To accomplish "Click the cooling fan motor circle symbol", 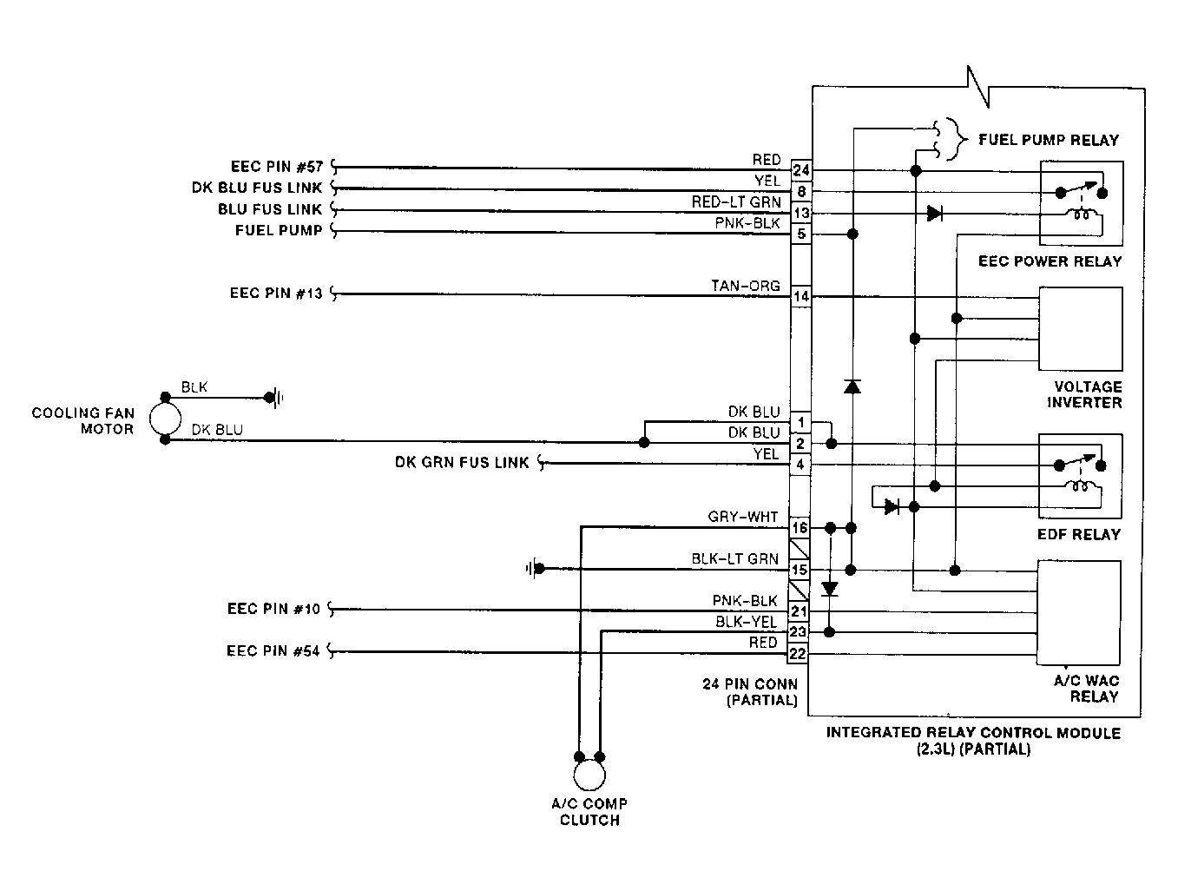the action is pyautogui.click(x=165, y=419).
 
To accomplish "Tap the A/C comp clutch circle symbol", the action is pyautogui.click(x=589, y=775).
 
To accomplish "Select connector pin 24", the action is pyautogui.click(x=800, y=170).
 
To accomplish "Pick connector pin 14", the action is pyautogui.click(x=800, y=296).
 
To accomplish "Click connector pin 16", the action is pyautogui.click(x=800, y=528).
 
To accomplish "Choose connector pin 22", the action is pyautogui.click(x=798, y=654).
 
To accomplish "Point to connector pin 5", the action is pyautogui.click(x=800, y=234).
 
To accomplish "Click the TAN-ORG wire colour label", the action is pyautogui.click(x=746, y=286).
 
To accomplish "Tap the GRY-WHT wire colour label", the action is pyautogui.click(x=743, y=517).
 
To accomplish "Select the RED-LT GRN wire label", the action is pyautogui.click(x=736, y=201).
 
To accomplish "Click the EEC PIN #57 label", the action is pyautogui.click(x=277, y=167).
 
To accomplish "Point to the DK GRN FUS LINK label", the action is pyautogui.click(x=462, y=462).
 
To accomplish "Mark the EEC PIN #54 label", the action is pyautogui.click(x=273, y=651).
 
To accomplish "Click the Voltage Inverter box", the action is pyautogui.click(x=1080, y=328).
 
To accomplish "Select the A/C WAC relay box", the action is pyautogui.click(x=1078, y=613).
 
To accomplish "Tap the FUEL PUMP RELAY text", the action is pyautogui.click(x=1049, y=140).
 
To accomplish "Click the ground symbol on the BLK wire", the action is pyautogui.click(x=276, y=398).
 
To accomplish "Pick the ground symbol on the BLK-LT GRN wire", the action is pyautogui.click(x=535, y=569).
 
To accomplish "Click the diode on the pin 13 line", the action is pyautogui.click(x=934, y=213).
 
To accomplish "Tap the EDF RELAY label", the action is pyautogui.click(x=1079, y=535).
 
